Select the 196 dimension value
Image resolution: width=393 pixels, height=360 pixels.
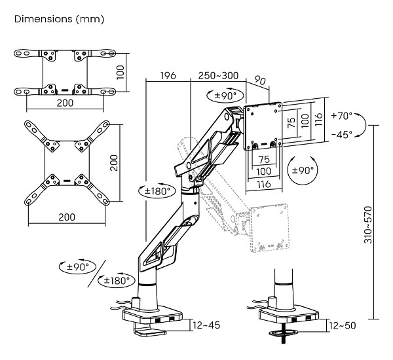(168, 76)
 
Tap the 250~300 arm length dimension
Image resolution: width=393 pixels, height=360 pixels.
(218, 76)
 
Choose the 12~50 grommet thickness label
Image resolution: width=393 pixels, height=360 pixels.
(343, 325)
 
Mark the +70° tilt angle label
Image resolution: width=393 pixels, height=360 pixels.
(341, 116)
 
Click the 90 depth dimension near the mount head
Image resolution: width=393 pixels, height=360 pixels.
(260, 82)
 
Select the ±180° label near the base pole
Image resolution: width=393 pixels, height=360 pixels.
(115, 280)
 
